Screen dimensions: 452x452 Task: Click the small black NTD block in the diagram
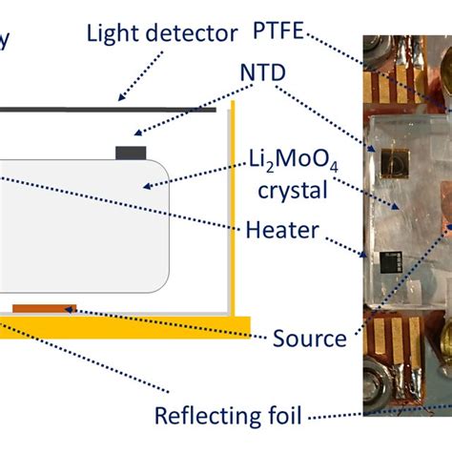pos(130,152)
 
